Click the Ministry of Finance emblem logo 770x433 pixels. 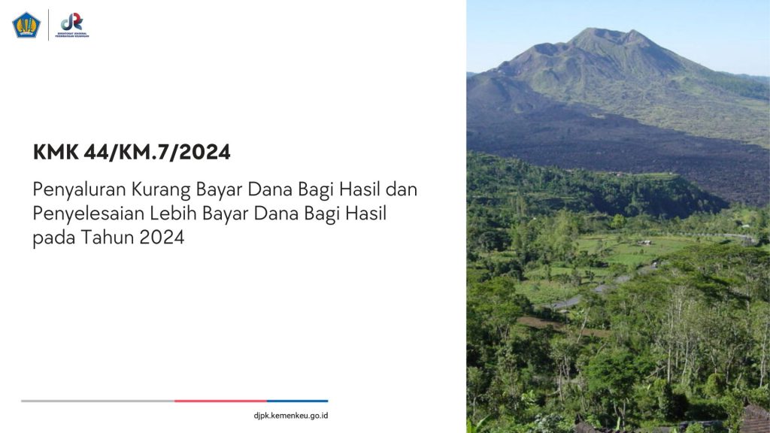click(x=26, y=25)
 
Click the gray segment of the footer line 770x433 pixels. click(x=98, y=401)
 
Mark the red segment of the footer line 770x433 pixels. click(x=220, y=401)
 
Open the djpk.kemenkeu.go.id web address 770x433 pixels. click(x=290, y=416)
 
